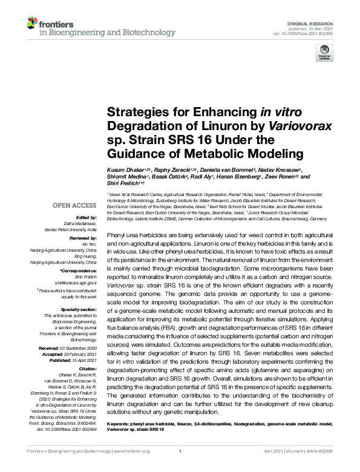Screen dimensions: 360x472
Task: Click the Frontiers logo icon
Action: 33,24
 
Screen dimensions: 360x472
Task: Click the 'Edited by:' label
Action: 87,218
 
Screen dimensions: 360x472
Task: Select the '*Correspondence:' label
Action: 78,270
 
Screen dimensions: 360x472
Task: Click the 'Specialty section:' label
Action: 80,309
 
